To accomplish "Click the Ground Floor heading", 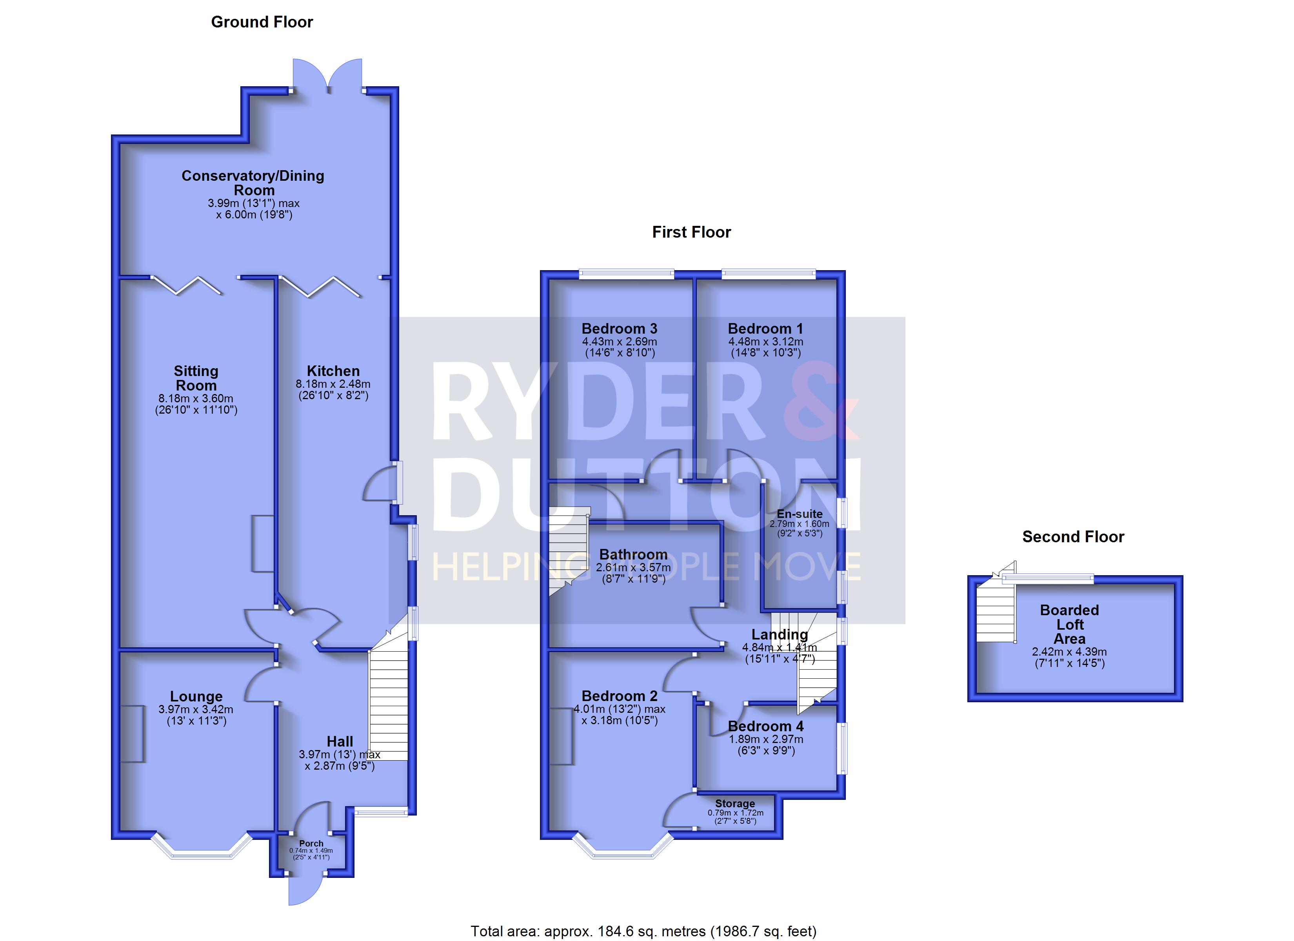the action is [x=262, y=22].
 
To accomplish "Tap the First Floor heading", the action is [x=691, y=232].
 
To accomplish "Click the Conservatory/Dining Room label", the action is [x=253, y=183].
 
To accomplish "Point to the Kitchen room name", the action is [x=333, y=371].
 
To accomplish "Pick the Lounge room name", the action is [x=196, y=697].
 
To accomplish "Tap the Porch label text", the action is [x=311, y=843].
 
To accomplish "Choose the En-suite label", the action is [x=800, y=514].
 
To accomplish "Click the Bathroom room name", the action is [x=633, y=555].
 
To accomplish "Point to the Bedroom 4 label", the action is [x=766, y=727].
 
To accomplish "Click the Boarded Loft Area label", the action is [x=1070, y=624].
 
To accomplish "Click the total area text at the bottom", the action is [x=643, y=931].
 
